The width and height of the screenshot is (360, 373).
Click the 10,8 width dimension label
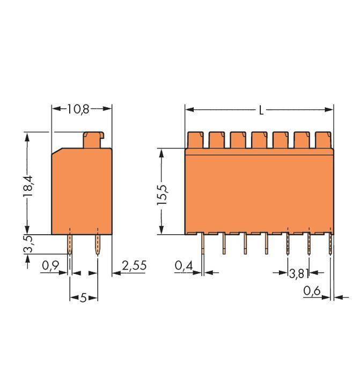pos(78,109)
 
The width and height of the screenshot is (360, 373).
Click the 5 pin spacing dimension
pos(83,297)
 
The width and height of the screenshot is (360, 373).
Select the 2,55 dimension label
pos(134,265)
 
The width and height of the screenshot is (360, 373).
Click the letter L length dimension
pos(261,110)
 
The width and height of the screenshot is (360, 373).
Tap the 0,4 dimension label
pos(183,265)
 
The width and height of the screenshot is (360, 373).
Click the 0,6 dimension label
pos(312,291)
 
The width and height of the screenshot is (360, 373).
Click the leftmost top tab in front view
pos(195,140)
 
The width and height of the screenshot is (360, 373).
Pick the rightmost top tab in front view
pos(323,140)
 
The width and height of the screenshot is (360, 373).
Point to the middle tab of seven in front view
pos(259,140)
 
